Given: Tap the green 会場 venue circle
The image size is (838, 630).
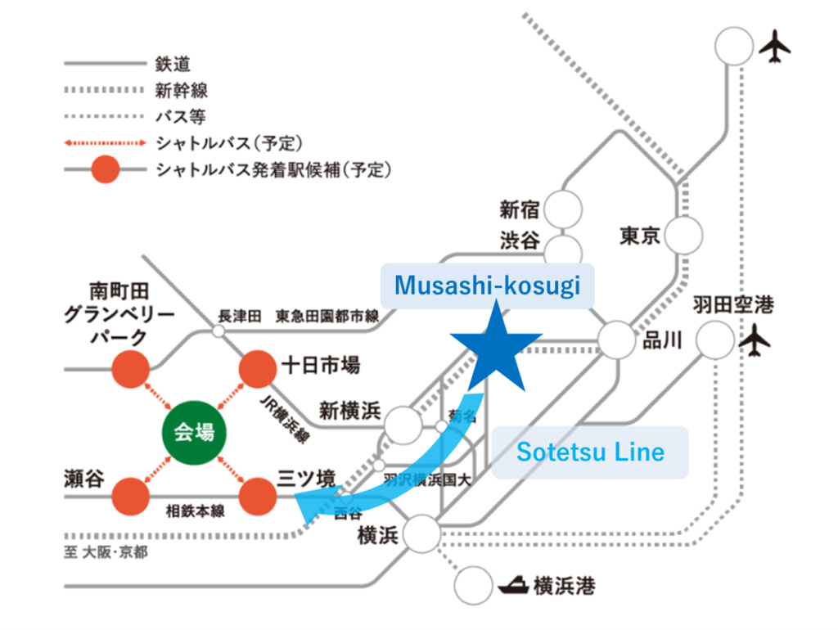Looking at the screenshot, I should [195, 431].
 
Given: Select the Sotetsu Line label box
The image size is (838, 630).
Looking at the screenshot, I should [590, 452].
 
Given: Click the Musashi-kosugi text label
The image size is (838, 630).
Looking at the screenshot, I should [488, 285].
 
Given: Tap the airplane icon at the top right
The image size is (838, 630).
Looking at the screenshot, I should [774, 47].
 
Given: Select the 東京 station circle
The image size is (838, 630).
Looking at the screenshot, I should [684, 237].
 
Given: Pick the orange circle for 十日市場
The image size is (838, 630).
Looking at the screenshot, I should [258, 369].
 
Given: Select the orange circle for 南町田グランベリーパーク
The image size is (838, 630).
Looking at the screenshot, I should [130, 369].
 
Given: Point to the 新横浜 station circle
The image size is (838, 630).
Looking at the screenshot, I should [403, 425].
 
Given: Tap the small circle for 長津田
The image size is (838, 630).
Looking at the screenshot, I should [218, 331].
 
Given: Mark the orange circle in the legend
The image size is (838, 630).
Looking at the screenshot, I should [106, 171].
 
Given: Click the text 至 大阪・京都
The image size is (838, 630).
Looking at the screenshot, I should [107, 553].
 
